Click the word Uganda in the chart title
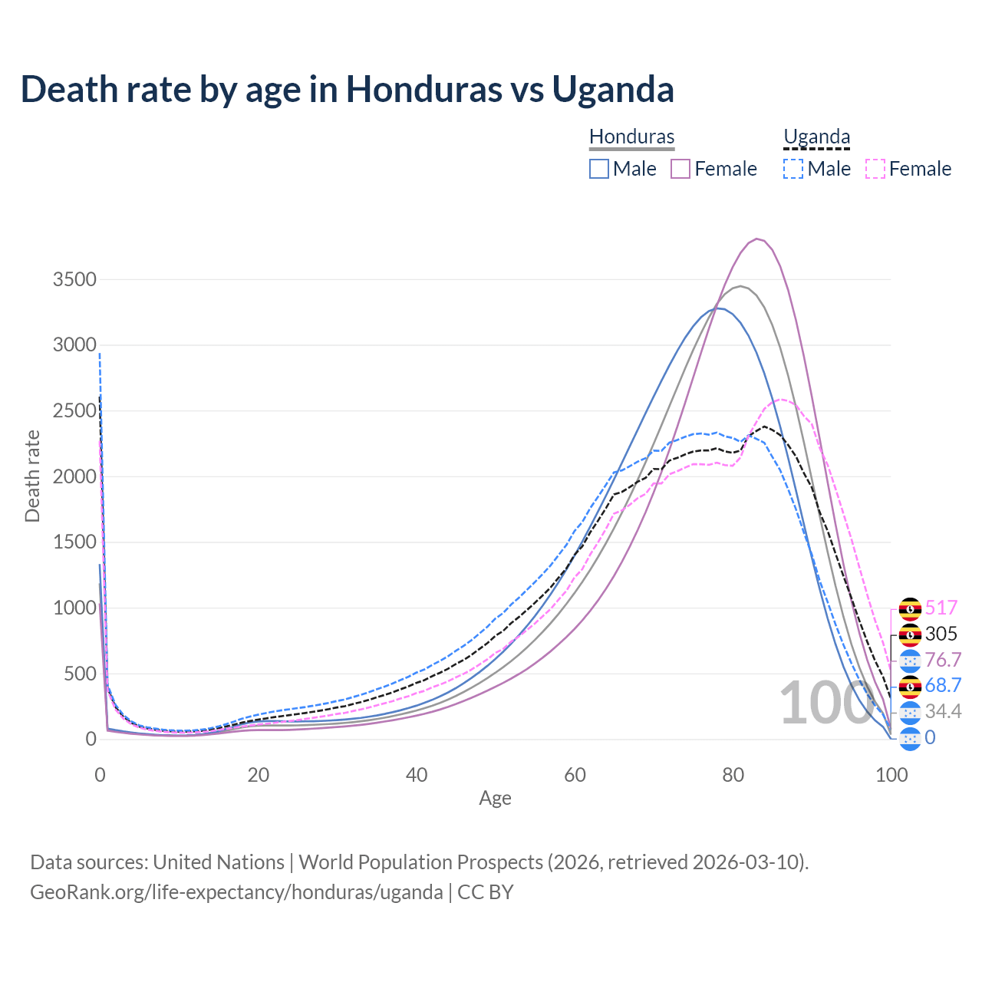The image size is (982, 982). [x=613, y=89]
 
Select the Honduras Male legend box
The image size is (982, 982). [x=599, y=169]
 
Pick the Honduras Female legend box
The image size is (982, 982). [x=681, y=169]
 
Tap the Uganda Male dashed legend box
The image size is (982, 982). [x=793, y=169]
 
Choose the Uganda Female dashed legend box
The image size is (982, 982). [x=875, y=169]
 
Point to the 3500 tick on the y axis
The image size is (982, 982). [x=74, y=279]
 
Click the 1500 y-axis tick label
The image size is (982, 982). [x=74, y=542]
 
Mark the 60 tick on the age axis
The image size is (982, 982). [x=575, y=775]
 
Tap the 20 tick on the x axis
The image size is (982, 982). [x=259, y=775]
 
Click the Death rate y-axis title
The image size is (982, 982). [x=32, y=476]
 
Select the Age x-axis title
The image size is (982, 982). [x=495, y=798]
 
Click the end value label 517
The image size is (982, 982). [x=941, y=608]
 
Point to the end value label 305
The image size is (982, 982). [x=941, y=634]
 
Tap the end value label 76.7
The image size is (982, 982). [x=943, y=660]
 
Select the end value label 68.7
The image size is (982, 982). [x=943, y=685]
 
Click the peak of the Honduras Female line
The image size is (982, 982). [x=757, y=239]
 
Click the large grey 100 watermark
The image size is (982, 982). [x=816, y=704]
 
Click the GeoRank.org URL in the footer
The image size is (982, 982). [x=236, y=892]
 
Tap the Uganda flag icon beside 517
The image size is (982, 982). [x=910, y=608]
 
